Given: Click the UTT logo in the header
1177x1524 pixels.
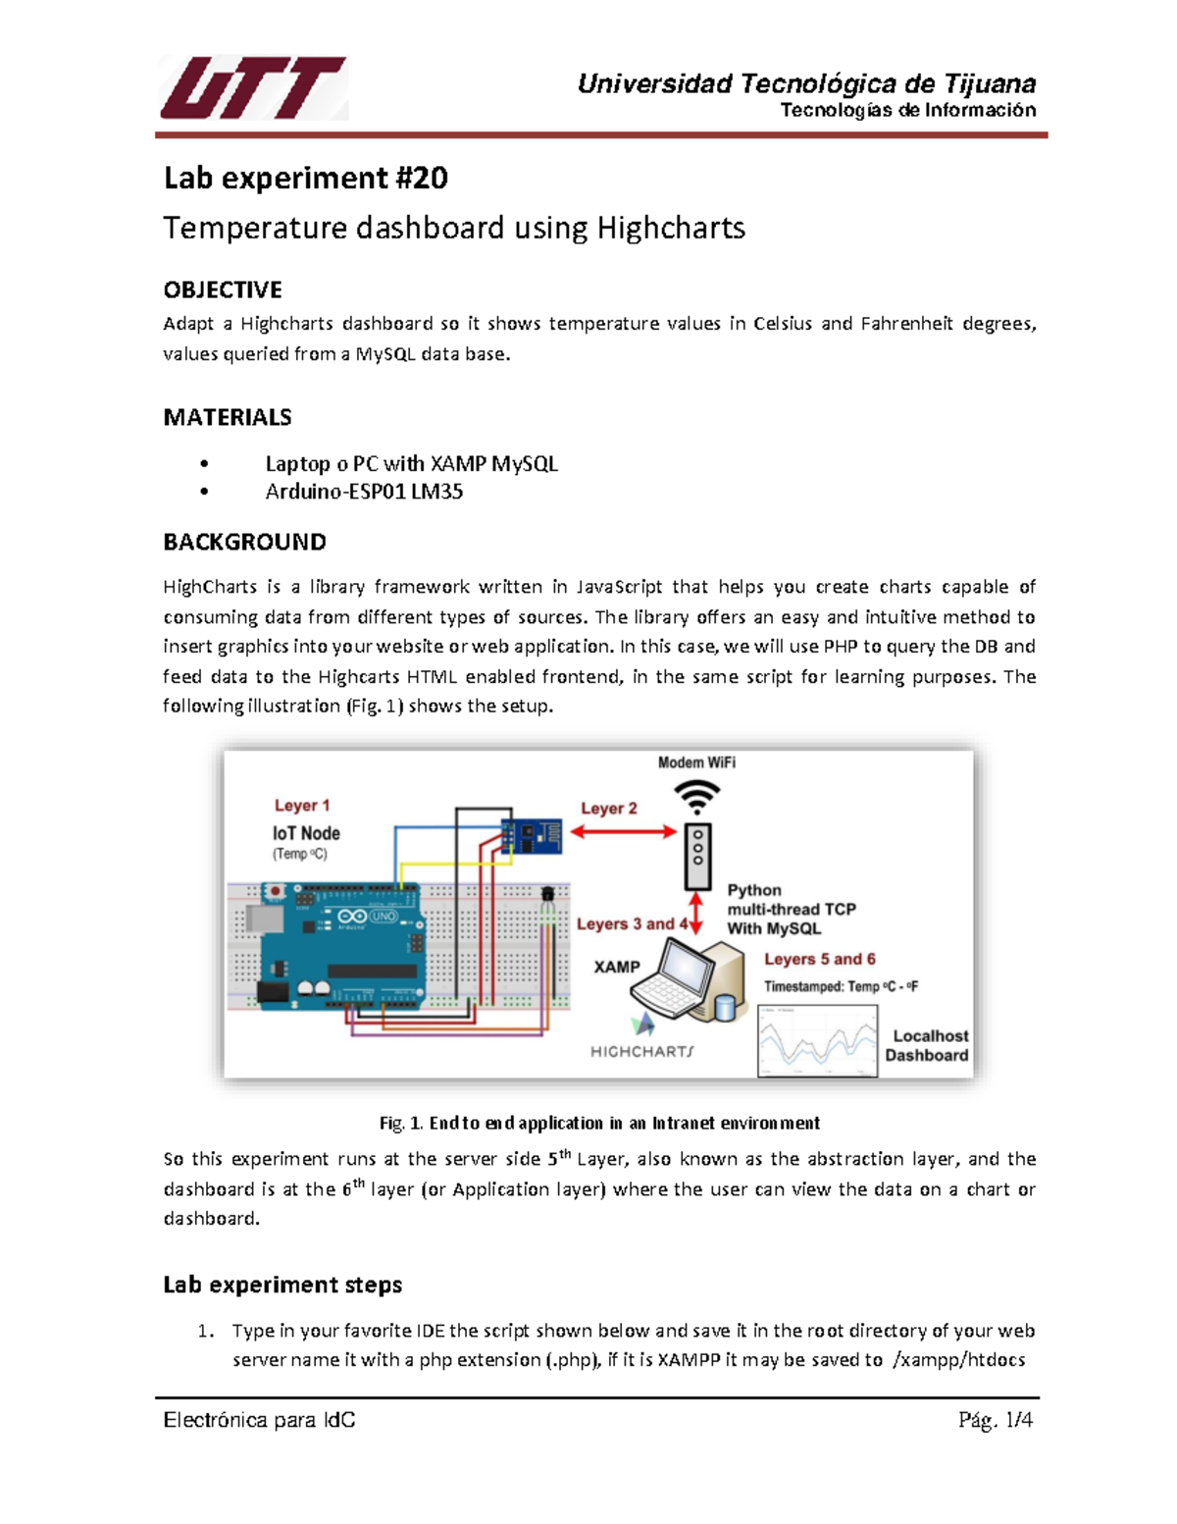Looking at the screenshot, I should tap(252, 88).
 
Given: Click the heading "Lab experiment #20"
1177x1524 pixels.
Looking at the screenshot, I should tap(305, 178).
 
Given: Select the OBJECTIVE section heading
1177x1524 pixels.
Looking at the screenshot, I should tap(223, 289).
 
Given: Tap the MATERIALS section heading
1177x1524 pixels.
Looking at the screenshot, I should tap(228, 417).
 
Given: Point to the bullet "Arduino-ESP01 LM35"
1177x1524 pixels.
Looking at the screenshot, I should tap(364, 492).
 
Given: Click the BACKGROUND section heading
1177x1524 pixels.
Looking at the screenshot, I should tap(244, 542).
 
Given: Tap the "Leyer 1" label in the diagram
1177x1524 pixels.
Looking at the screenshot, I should tap(302, 806).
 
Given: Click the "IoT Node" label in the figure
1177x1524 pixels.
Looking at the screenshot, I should tap(306, 833).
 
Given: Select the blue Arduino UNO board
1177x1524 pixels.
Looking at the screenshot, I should tap(338, 947).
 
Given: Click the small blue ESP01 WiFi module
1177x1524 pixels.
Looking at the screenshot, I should tap(532, 836).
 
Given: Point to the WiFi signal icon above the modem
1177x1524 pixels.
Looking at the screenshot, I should tap(696, 795).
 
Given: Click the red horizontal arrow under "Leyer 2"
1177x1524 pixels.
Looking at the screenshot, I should tap(624, 832).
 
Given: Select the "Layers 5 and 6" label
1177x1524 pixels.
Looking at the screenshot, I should tap(820, 959).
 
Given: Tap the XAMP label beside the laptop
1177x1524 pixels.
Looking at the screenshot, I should tap(617, 967).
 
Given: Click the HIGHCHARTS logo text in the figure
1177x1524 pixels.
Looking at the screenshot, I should tap(641, 1051).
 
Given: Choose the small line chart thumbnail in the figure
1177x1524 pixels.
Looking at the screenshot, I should tap(818, 1040).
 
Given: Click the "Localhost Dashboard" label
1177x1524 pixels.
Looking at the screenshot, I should tap(928, 1045).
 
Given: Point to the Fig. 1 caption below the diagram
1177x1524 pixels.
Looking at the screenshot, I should tap(599, 1123).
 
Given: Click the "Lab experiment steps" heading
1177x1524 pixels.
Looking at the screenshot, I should tap(282, 1285).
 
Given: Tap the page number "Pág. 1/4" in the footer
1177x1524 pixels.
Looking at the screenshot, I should tap(996, 1420).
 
